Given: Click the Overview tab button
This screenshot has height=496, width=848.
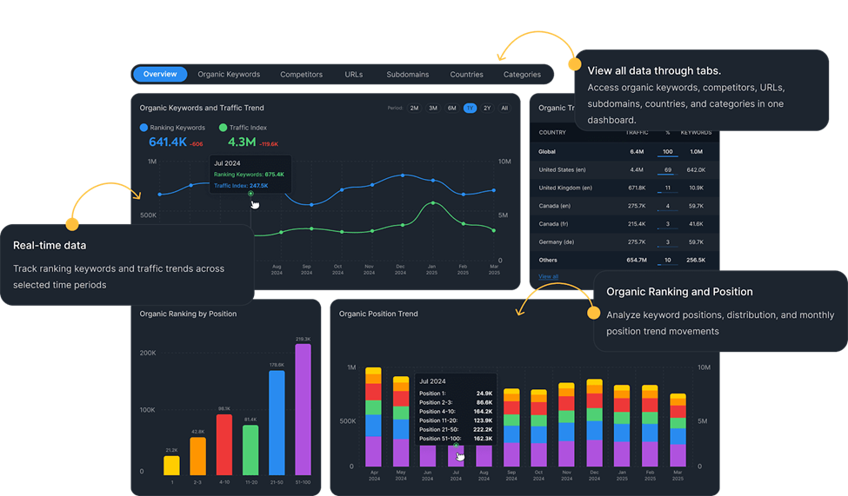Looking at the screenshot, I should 160,75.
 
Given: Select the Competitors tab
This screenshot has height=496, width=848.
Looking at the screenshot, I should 301,75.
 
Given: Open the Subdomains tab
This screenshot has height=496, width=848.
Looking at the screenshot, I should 407,75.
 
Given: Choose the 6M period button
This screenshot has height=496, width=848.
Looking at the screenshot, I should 451,109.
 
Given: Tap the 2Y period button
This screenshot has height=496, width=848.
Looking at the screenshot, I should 487,109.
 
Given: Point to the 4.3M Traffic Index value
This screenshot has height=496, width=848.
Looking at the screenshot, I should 241,142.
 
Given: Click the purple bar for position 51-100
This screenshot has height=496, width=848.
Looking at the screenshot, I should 303,409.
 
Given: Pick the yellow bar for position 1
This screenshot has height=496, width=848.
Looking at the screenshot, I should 171,465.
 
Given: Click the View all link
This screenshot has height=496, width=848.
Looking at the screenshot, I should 548,276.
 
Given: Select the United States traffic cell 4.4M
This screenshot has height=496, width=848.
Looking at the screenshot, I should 636,169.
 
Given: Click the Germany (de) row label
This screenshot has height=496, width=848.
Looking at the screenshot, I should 557,241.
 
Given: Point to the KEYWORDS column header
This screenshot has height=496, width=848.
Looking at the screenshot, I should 696,133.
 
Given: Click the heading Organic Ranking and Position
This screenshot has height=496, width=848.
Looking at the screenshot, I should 679,292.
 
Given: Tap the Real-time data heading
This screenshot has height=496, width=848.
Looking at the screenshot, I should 50,246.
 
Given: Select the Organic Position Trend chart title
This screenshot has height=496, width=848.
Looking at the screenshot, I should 378,314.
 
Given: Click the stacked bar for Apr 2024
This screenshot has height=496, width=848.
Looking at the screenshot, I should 373,417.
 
